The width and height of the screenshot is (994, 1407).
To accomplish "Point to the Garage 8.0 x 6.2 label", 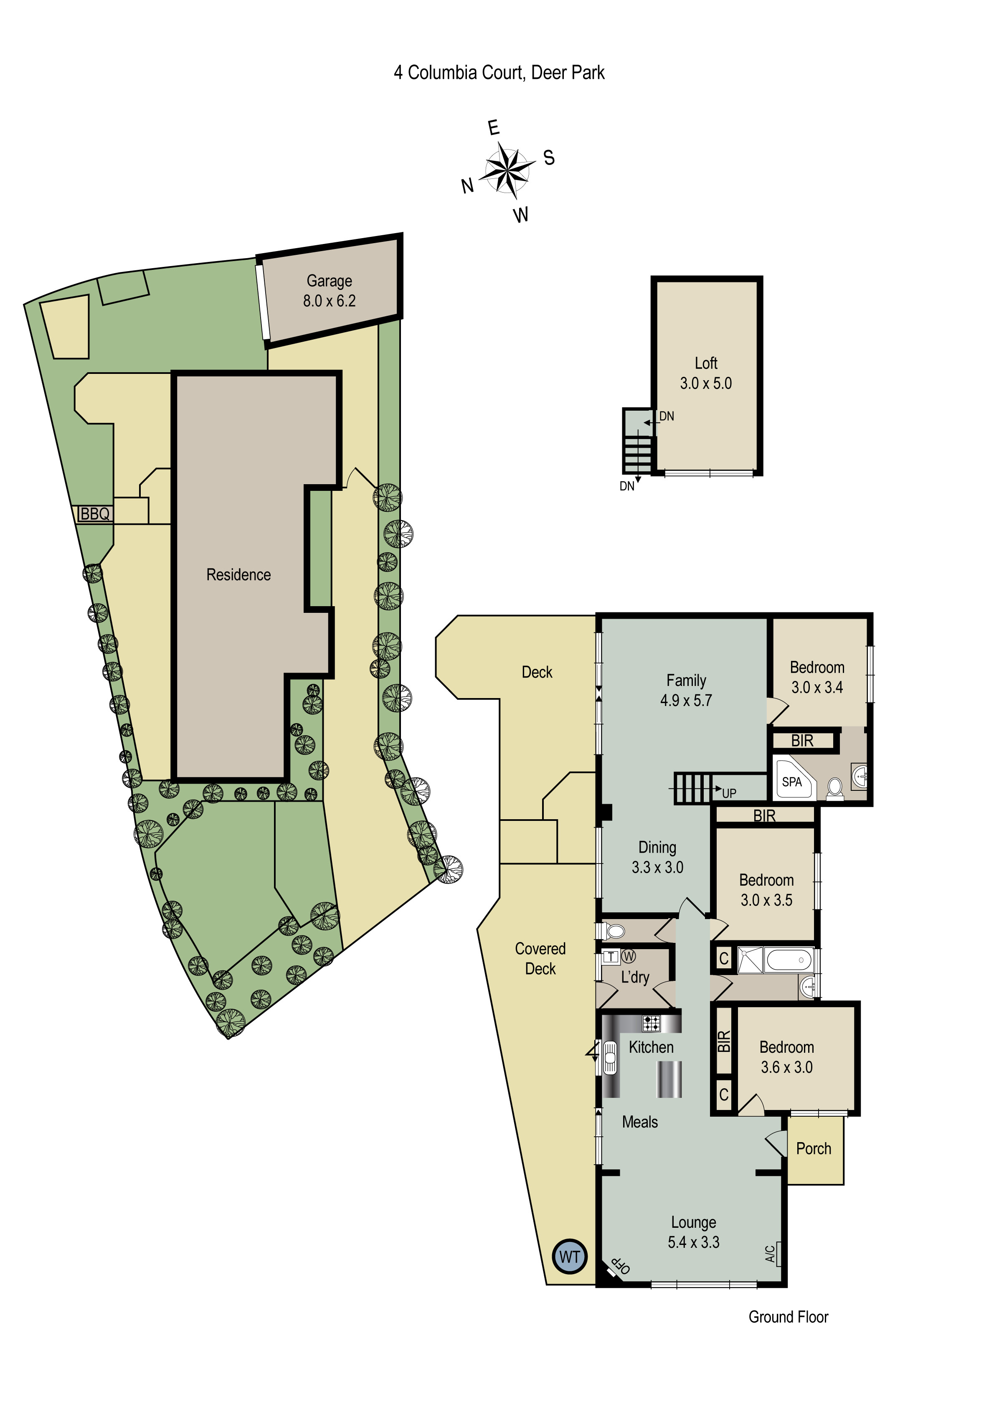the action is tap(329, 290).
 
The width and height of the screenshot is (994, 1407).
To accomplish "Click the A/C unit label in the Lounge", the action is tap(770, 1253).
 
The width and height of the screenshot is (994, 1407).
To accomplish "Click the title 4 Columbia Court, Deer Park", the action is tap(499, 72).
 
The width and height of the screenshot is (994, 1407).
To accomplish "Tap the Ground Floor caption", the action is tap(788, 1317).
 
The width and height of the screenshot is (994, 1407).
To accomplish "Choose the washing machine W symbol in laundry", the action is tap(629, 956).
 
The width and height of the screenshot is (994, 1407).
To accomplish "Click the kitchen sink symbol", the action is tap(610, 1058).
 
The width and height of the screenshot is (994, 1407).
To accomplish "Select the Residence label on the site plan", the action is tap(238, 575).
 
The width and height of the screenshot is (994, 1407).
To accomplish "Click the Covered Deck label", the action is tap(540, 958).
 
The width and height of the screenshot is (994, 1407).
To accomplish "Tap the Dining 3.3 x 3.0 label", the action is tap(657, 857).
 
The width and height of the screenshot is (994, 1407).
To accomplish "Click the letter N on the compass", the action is tap(468, 185).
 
